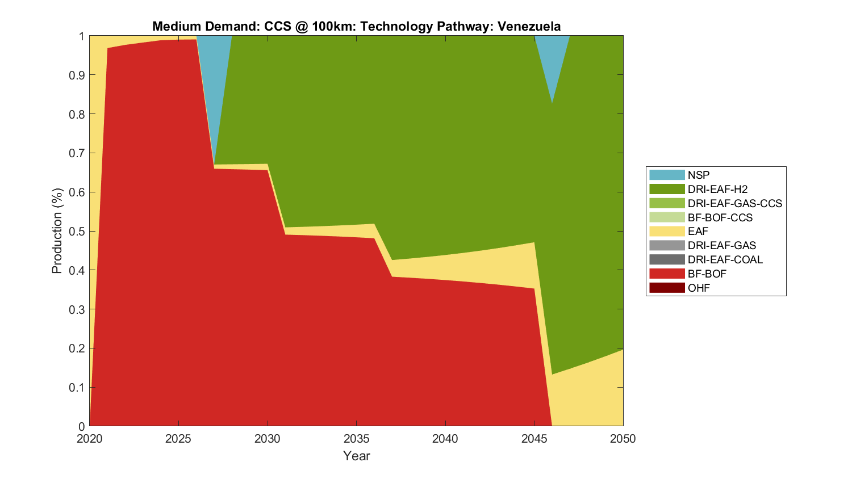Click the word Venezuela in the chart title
tap(529, 26)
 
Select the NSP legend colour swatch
tap(667, 175)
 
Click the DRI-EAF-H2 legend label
tap(717, 189)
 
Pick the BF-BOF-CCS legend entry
tap(720, 217)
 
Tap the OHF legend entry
tap(699, 288)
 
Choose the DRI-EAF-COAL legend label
tap(725, 259)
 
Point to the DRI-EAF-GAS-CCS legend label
tap(734, 203)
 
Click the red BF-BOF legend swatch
tap(667, 274)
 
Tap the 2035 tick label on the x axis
tap(356, 439)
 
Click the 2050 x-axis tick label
tap(623, 439)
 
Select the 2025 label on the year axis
tap(178, 439)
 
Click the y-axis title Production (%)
tap(57, 231)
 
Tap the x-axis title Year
tap(356, 456)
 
